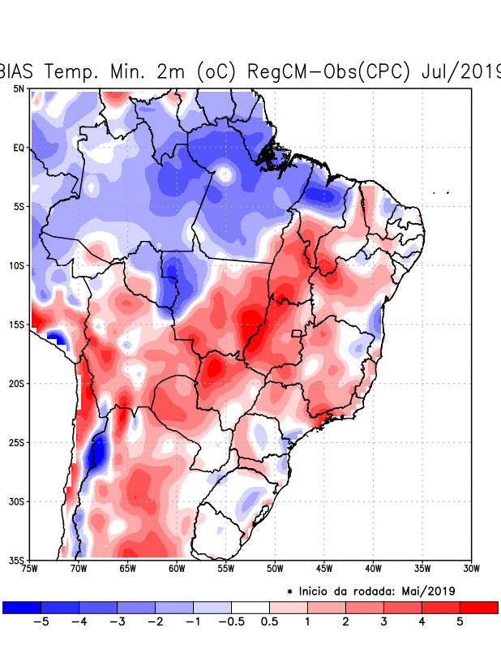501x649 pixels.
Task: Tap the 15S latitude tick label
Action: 17,324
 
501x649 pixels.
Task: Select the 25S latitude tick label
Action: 17,442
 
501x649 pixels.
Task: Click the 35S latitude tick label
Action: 17,560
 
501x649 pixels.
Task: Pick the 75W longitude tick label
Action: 31,569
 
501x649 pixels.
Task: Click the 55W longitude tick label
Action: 226,569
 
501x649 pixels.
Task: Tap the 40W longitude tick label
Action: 373,569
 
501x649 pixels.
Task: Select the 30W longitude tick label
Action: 471,569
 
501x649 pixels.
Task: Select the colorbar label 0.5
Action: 270,622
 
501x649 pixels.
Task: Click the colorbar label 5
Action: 460,622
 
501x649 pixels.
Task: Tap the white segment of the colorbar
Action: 250,607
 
